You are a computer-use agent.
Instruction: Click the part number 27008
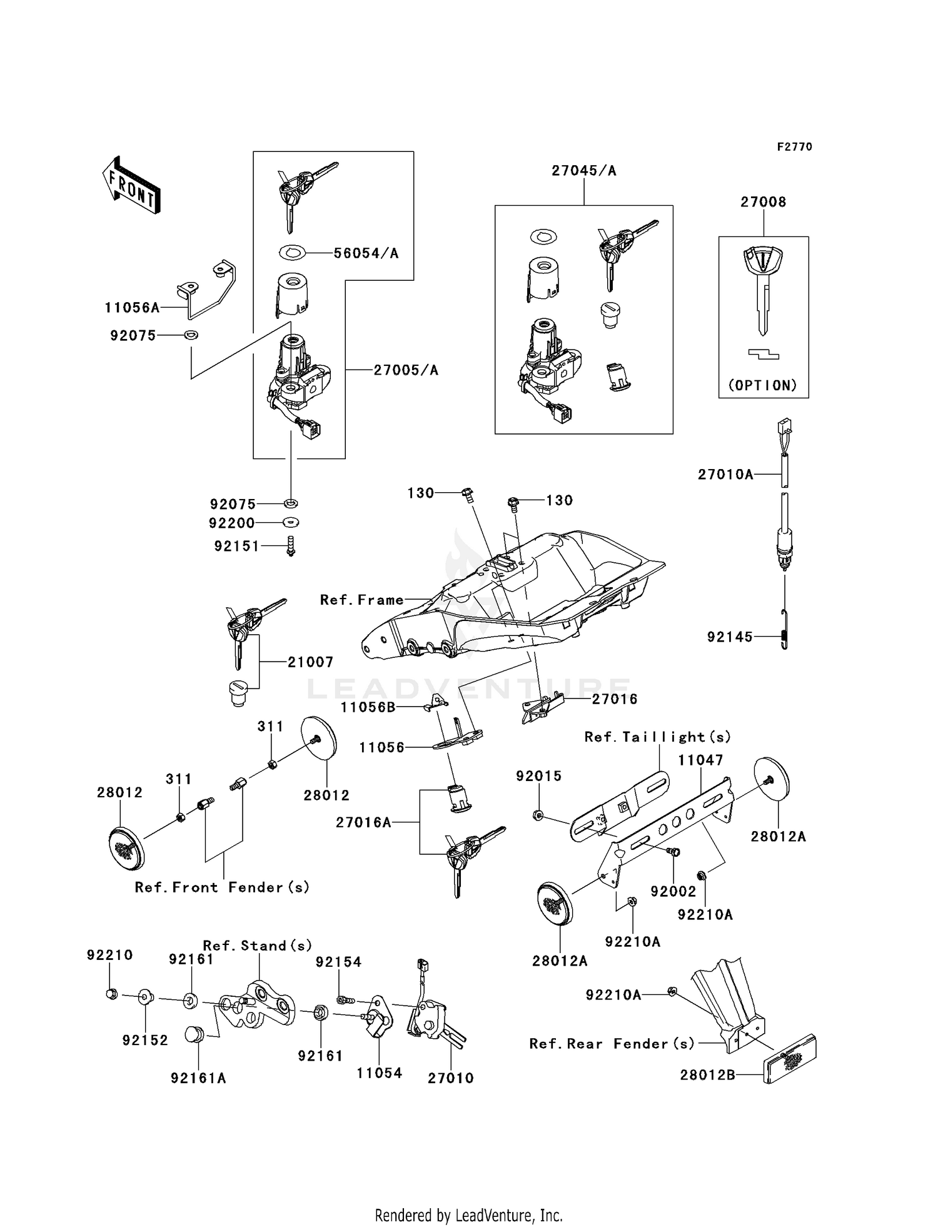(x=763, y=202)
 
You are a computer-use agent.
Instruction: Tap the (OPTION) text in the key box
(x=763, y=385)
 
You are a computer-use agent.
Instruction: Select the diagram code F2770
(x=794, y=146)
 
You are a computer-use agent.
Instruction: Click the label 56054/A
(x=366, y=253)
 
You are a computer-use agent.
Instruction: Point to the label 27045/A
(x=583, y=171)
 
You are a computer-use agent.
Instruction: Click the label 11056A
(x=132, y=308)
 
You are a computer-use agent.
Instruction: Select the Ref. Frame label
(x=361, y=600)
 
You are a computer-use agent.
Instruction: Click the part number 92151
(x=236, y=547)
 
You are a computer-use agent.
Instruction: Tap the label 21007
(x=310, y=662)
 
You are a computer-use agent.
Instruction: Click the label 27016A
(x=363, y=822)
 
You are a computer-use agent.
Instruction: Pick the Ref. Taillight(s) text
(x=657, y=737)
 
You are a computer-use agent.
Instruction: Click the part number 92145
(x=730, y=637)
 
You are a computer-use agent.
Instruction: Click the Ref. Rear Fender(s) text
(x=612, y=1044)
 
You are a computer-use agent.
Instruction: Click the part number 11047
(x=700, y=760)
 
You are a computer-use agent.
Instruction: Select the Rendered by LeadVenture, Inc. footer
(x=468, y=1215)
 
